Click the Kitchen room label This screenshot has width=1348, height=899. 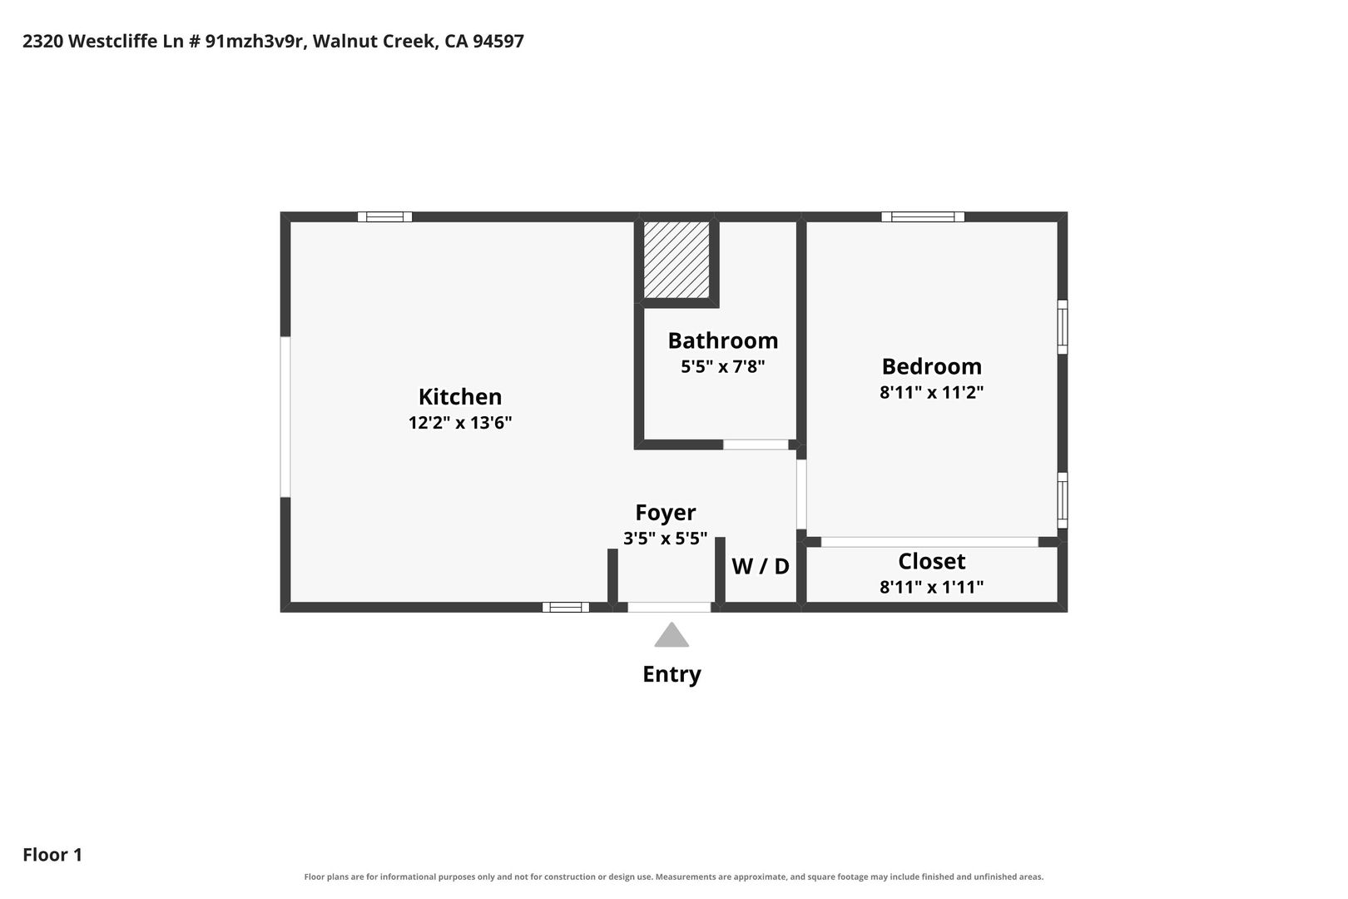click(460, 397)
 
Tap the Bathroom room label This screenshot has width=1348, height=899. click(723, 340)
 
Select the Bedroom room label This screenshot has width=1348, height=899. click(932, 366)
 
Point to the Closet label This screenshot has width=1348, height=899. click(932, 561)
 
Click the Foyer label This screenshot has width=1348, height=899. click(666, 513)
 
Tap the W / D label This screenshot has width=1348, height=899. click(761, 566)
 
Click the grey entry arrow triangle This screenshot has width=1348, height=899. click(672, 635)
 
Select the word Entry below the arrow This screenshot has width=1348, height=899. click(672, 673)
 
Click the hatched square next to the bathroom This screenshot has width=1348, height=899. click(676, 260)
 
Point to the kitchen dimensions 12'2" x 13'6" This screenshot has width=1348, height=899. click(460, 423)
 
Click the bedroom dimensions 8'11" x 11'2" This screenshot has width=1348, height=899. click(932, 393)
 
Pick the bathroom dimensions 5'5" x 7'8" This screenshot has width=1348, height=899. click(723, 367)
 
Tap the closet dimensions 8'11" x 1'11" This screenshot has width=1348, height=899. click(932, 587)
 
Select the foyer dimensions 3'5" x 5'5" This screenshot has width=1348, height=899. click(666, 539)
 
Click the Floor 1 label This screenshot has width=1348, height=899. click(52, 855)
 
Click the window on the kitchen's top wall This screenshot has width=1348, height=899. click(384, 216)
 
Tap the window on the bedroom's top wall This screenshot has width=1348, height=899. click(923, 216)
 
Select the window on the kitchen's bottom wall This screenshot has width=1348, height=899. click(566, 607)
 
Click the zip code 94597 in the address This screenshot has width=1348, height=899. click(498, 41)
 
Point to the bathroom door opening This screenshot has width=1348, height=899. click(756, 445)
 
